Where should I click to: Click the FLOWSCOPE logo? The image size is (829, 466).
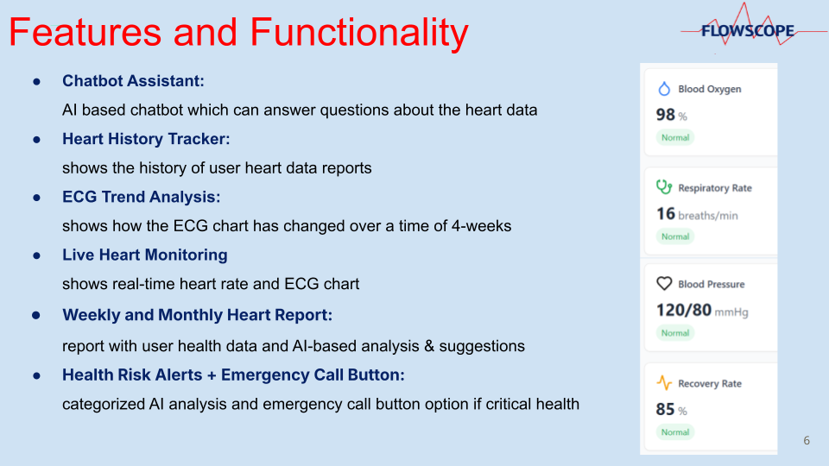pyautogui.click(x=748, y=31)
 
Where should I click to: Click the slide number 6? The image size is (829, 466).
pyautogui.click(x=807, y=440)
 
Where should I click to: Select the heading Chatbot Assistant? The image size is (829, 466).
pyautogui.click(x=133, y=81)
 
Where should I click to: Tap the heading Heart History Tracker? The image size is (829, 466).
pyautogui.click(x=146, y=139)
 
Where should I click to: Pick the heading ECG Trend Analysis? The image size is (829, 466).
pyautogui.click(x=141, y=197)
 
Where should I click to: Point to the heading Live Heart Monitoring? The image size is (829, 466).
pyautogui.click(x=145, y=255)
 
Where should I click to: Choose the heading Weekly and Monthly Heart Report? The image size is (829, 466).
pyautogui.click(x=197, y=315)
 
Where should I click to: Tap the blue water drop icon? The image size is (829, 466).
pyautogui.click(x=664, y=88)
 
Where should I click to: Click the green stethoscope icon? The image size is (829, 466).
pyautogui.click(x=664, y=187)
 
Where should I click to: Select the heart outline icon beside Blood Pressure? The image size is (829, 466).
pyautogui.click(x=664, y=284)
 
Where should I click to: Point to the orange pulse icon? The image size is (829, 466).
pyautogui.click(x=664, y=382)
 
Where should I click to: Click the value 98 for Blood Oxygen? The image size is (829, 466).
pyautogui.click(x=666, y=115)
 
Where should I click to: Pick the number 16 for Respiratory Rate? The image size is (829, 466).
pyautogui.click(x=666, y=213)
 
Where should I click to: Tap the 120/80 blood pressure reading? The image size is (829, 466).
pyautogui.click(x=684, y=310)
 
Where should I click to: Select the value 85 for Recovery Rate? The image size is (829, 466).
pyautogui.click(x=666, y=409)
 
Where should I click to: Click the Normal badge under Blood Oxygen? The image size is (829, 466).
pyautogui.click(x=675, y=137)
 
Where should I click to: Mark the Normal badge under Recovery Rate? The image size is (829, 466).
pyautogui.click(x=675, y=432)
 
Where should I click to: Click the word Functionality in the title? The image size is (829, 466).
pyautogui.click(x=359, y=33)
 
